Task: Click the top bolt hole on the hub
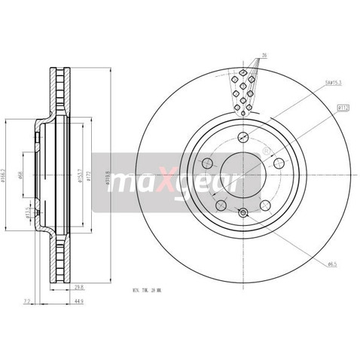[242, 138]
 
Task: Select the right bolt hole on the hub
[279, 163]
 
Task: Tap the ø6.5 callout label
[331, 263]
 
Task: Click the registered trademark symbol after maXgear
[264, 151]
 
